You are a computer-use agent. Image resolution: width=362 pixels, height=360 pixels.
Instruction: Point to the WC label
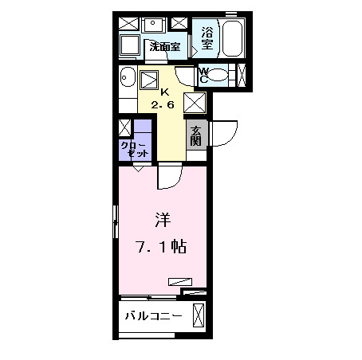(x=203, y=75)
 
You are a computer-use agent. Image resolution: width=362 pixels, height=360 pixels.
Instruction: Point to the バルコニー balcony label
(x=153, y=316)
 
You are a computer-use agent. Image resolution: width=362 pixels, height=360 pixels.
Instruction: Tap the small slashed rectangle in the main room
(x=180, y=280)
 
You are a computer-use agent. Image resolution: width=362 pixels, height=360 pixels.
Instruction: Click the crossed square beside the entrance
(x=195, y=103)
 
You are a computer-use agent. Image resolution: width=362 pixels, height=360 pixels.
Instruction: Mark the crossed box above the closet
(x=124, y=127)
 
